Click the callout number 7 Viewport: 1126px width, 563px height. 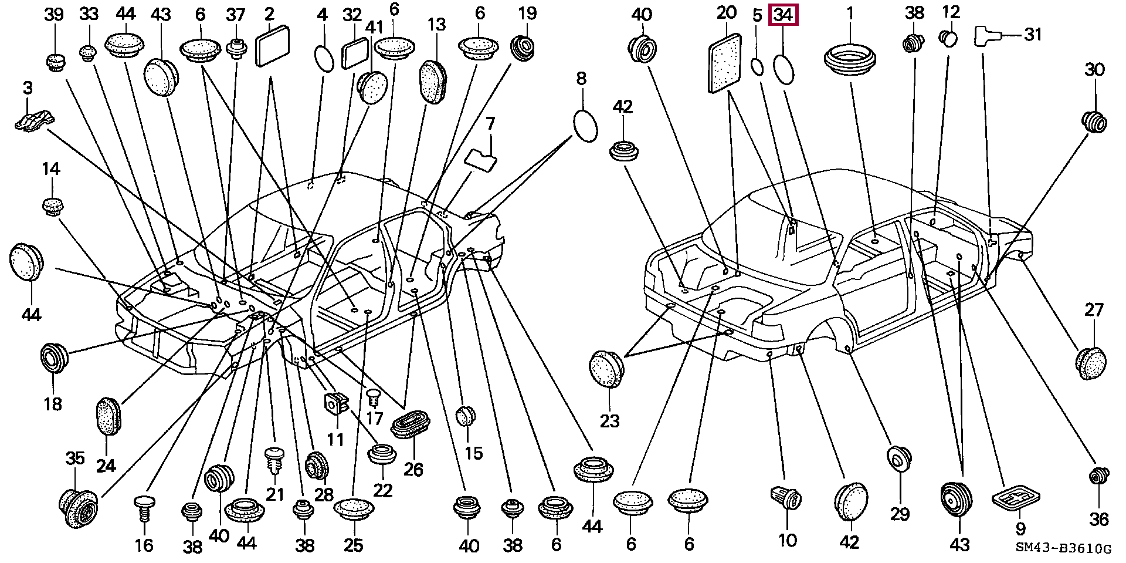(490, 124)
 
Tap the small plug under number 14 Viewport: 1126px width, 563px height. (53, 206)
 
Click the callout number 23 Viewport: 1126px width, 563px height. (609, 420)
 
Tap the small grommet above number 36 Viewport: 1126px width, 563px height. (1098, 477)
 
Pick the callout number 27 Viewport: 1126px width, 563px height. (1094, 309)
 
